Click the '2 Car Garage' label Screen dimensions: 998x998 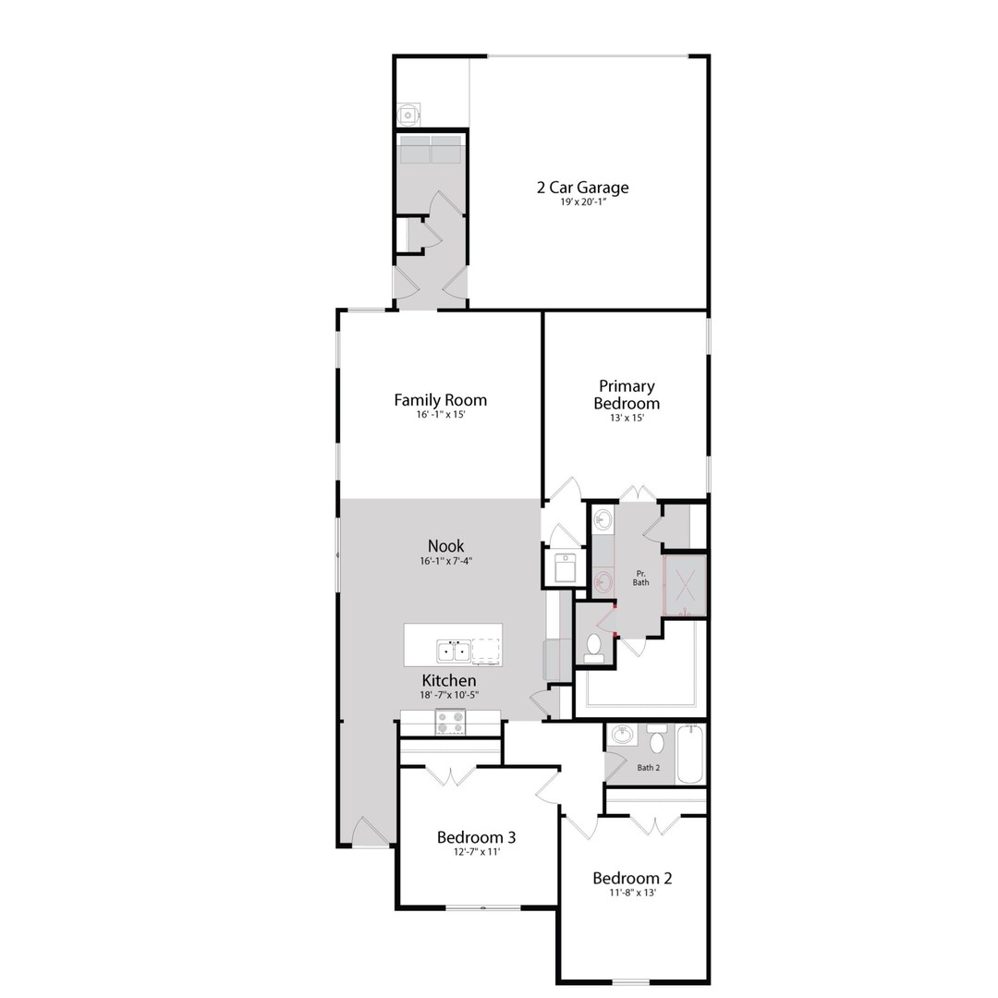click(582, 188)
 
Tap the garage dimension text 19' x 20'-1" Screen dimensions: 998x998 click(582, 203)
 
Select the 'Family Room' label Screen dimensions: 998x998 click(440, 400)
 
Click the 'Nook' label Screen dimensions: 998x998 click(445, 546)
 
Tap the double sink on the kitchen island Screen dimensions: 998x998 click(453, 651)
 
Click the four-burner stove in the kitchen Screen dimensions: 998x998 click(450, 722)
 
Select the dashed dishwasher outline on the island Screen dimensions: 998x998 click(486, 651)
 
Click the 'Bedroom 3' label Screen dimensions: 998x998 click(476, 837)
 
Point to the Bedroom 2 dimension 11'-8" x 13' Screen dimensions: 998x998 click(632, 894)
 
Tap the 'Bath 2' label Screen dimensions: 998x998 click(648, 767)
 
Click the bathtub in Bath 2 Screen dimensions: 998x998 click(689, 755)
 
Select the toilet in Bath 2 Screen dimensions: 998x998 click(657, 740)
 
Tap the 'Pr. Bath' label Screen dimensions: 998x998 click(640, 578)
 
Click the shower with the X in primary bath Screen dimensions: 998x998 click(686, 585)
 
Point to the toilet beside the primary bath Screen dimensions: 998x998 click(593, 647)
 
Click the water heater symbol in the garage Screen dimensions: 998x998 click(408, 115)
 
